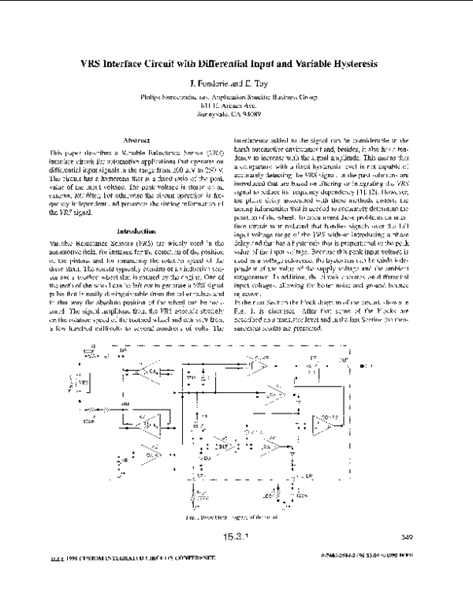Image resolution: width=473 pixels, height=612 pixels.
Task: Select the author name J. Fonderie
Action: pyautogui.click(x=212, y=83)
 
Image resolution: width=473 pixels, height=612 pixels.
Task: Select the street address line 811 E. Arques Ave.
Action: pyautogui.click(x=236, y=104)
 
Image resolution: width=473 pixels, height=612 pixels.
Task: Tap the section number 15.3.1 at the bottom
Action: pyautogui.click(x=236, y=539)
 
